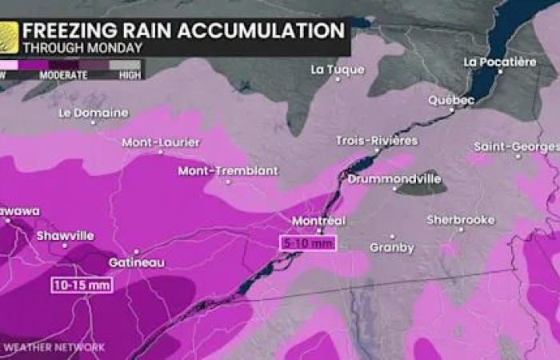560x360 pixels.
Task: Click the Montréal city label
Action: [319, 220]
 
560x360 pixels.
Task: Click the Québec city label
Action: [451, 100]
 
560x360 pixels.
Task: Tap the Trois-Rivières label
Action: [377, 141]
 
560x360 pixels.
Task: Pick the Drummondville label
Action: [394, 179]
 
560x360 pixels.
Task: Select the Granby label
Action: [391, 248]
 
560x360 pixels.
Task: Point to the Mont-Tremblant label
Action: [228, 170]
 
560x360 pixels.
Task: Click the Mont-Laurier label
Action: [161, 142]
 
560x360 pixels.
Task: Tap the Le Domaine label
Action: [94, 113]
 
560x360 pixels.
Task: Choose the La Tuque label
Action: [338, 70]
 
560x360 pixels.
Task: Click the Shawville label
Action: [65, 236]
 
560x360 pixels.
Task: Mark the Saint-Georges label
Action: [516, 147]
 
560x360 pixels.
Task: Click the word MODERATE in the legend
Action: [69, 74]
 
